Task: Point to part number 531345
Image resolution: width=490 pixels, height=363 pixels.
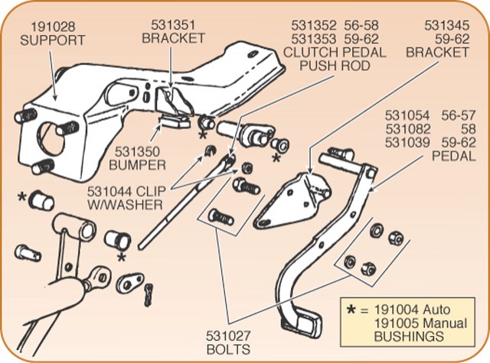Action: [x=443, y=24]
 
